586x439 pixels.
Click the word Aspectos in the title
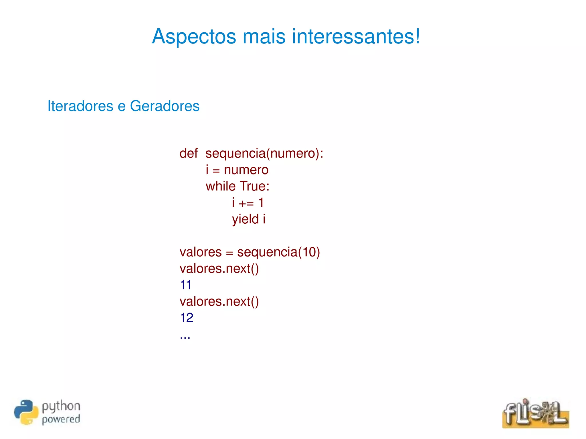point(194,37)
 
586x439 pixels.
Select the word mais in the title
point(264,37)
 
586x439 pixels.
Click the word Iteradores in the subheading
point(80,106)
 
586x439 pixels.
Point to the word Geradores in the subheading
point(165,106)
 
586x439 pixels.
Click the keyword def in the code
point(188,153)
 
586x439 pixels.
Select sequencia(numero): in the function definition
point(264,154)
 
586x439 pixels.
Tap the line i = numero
point(237,170)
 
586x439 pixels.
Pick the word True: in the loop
point(254,186)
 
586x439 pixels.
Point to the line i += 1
point(248,203)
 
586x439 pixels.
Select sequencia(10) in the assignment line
point(278,252)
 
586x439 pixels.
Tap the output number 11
point(186,285)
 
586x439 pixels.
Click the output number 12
point(187,318)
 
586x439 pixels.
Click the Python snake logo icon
point(26,412)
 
